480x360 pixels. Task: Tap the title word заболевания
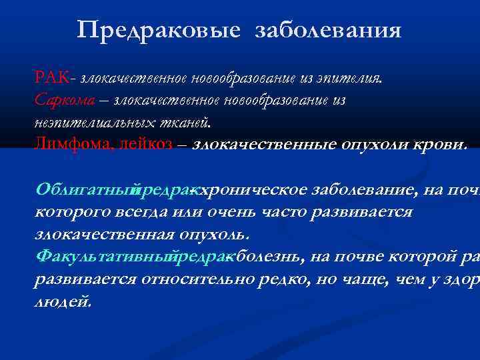point(328,30)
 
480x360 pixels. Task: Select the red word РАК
point(51,78)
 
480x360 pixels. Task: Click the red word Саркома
point(62,101)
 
